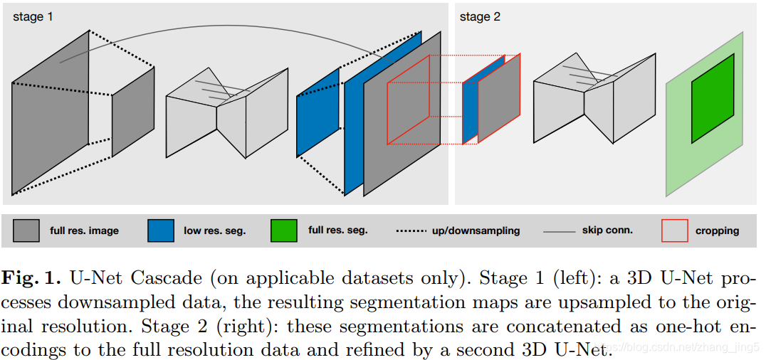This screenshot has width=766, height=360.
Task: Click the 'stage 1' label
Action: [33, 17]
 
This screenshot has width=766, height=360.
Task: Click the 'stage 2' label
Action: [480, 17]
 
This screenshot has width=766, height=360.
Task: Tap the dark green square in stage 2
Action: [713, 98]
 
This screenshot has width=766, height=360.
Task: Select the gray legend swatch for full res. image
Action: [26, 231]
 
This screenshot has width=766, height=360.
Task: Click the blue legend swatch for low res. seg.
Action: [161, 231]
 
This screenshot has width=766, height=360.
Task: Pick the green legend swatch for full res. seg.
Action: [284, 231]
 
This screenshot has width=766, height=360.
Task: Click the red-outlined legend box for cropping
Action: [675, 231]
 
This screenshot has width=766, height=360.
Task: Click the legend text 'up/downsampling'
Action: [476, 231]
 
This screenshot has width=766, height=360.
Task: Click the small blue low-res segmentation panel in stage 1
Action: [318, 112]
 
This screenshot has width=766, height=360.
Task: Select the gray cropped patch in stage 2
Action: [499, 98]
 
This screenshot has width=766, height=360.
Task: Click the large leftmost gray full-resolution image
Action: [51, 113]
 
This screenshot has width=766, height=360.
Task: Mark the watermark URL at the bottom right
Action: [679, 348]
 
